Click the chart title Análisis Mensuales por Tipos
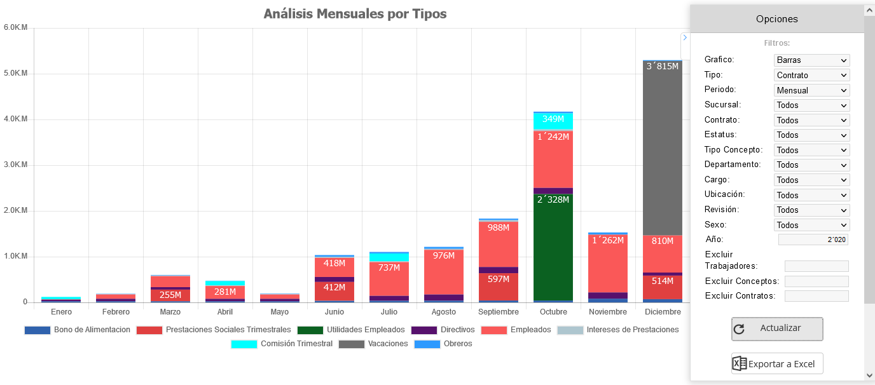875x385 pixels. pos(355,13)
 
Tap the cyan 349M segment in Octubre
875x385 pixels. pos(553,121)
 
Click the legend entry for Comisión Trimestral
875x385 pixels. pos(282,344)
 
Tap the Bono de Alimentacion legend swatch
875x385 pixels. pos(37,330)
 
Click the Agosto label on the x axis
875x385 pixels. pos(444,312)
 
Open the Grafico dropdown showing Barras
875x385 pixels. pos(812,60)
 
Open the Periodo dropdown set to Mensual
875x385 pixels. pos(812,90)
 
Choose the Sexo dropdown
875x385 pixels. pos(812,225)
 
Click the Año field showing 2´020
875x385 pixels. pos(813,240)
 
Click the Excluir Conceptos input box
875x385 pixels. pos(816,281)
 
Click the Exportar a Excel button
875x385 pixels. pos(777,364)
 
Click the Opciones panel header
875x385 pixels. pos(776,19)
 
